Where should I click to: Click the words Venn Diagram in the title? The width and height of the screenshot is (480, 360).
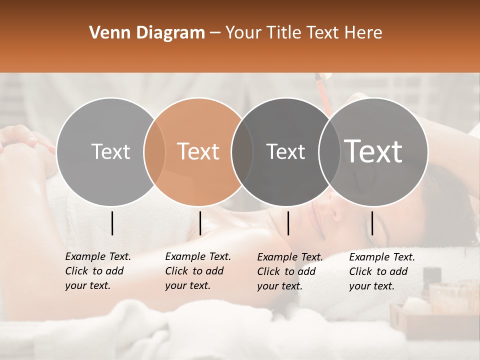146,33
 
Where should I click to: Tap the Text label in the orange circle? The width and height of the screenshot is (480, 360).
198,151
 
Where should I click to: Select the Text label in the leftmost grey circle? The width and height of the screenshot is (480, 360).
110,151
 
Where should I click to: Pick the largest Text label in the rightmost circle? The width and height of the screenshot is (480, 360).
373,151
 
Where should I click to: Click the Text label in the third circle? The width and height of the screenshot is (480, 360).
285,151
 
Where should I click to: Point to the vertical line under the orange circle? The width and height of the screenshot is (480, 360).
200,223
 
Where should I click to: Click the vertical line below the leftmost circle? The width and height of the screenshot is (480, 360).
112,223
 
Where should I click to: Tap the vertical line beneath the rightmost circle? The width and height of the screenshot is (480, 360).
372,223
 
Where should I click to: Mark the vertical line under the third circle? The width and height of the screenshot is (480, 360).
288,223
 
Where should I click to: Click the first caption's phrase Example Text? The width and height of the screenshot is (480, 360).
98,256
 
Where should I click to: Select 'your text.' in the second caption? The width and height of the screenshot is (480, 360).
187,285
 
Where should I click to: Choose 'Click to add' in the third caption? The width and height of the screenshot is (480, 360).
286,271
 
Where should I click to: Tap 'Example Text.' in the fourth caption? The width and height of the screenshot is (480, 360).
382,257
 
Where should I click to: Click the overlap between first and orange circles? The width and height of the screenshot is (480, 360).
154,151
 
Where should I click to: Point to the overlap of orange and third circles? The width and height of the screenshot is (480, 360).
242,151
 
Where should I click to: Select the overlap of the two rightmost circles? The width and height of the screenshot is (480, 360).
329,151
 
